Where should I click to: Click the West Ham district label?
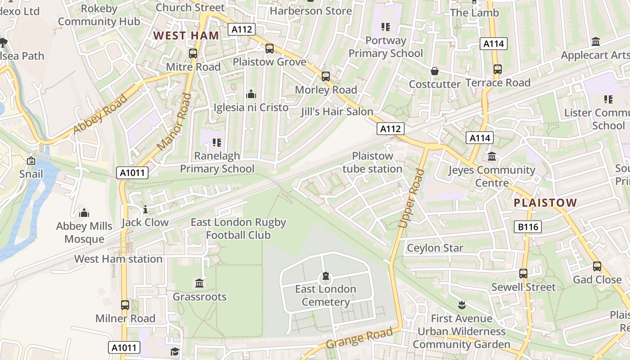pyautogui.click(x=186, y=36)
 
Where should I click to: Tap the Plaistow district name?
pyautogui.click(x=545, y=202)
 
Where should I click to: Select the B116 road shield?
pyautogui.click(x=528, y=227)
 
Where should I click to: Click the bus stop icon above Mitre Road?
pyautogui.click(x=193, y=54)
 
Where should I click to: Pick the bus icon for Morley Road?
pyautogui.click(x=326, y=76)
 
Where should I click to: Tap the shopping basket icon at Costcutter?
pyautogui.click(x=435, y=71)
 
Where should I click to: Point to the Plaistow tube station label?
pyautogui.click(x=372, y=162)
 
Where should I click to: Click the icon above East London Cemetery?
pyautogui.click(x=326, y=276)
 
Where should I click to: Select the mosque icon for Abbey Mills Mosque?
pyautogui.click(x=84, y=213)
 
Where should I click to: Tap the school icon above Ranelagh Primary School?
pyautogui.click(x=217, y=143)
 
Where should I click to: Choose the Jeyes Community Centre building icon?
pyautogui.click(x=492, y=157)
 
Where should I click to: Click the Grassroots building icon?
pyautogui.click(x=199, y=283)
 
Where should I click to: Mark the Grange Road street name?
pyautogui.click(x=359, y=338)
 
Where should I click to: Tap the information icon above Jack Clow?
pyautogui.click(x=145, y=209)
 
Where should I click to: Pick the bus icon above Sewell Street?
pyautogui.click(x=523, y=274)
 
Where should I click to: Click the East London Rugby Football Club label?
pyautogui.click(x=238, y=229)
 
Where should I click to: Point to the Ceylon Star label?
pyautogui.click(x=435, y=248)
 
